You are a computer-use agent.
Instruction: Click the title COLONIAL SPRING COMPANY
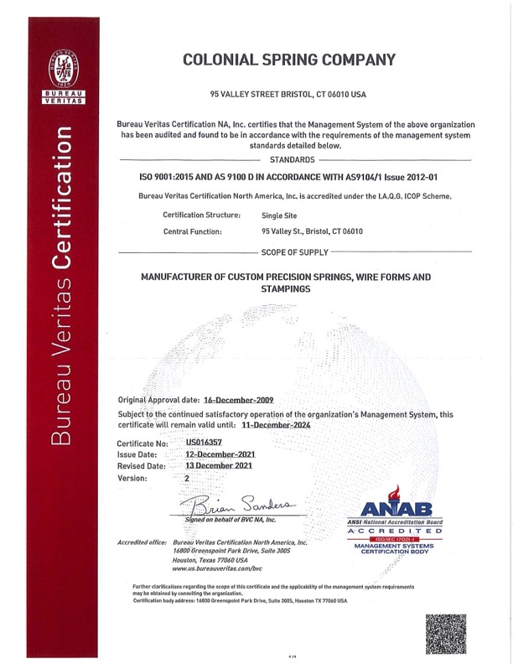tap(288, 60)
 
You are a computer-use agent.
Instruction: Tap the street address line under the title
tap(288, 94)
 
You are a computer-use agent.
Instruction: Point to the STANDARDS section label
tap(293, 158)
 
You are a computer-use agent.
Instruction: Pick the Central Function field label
tap(192, 231)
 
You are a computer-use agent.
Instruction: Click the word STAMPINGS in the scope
tap(286, 288)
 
